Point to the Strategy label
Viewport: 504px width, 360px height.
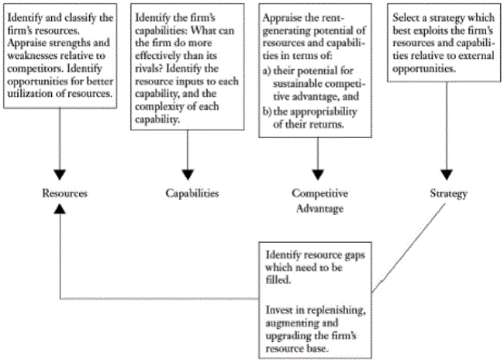[x=447, y=193]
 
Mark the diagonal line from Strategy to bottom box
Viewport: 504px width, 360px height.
[x=409, y=248]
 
